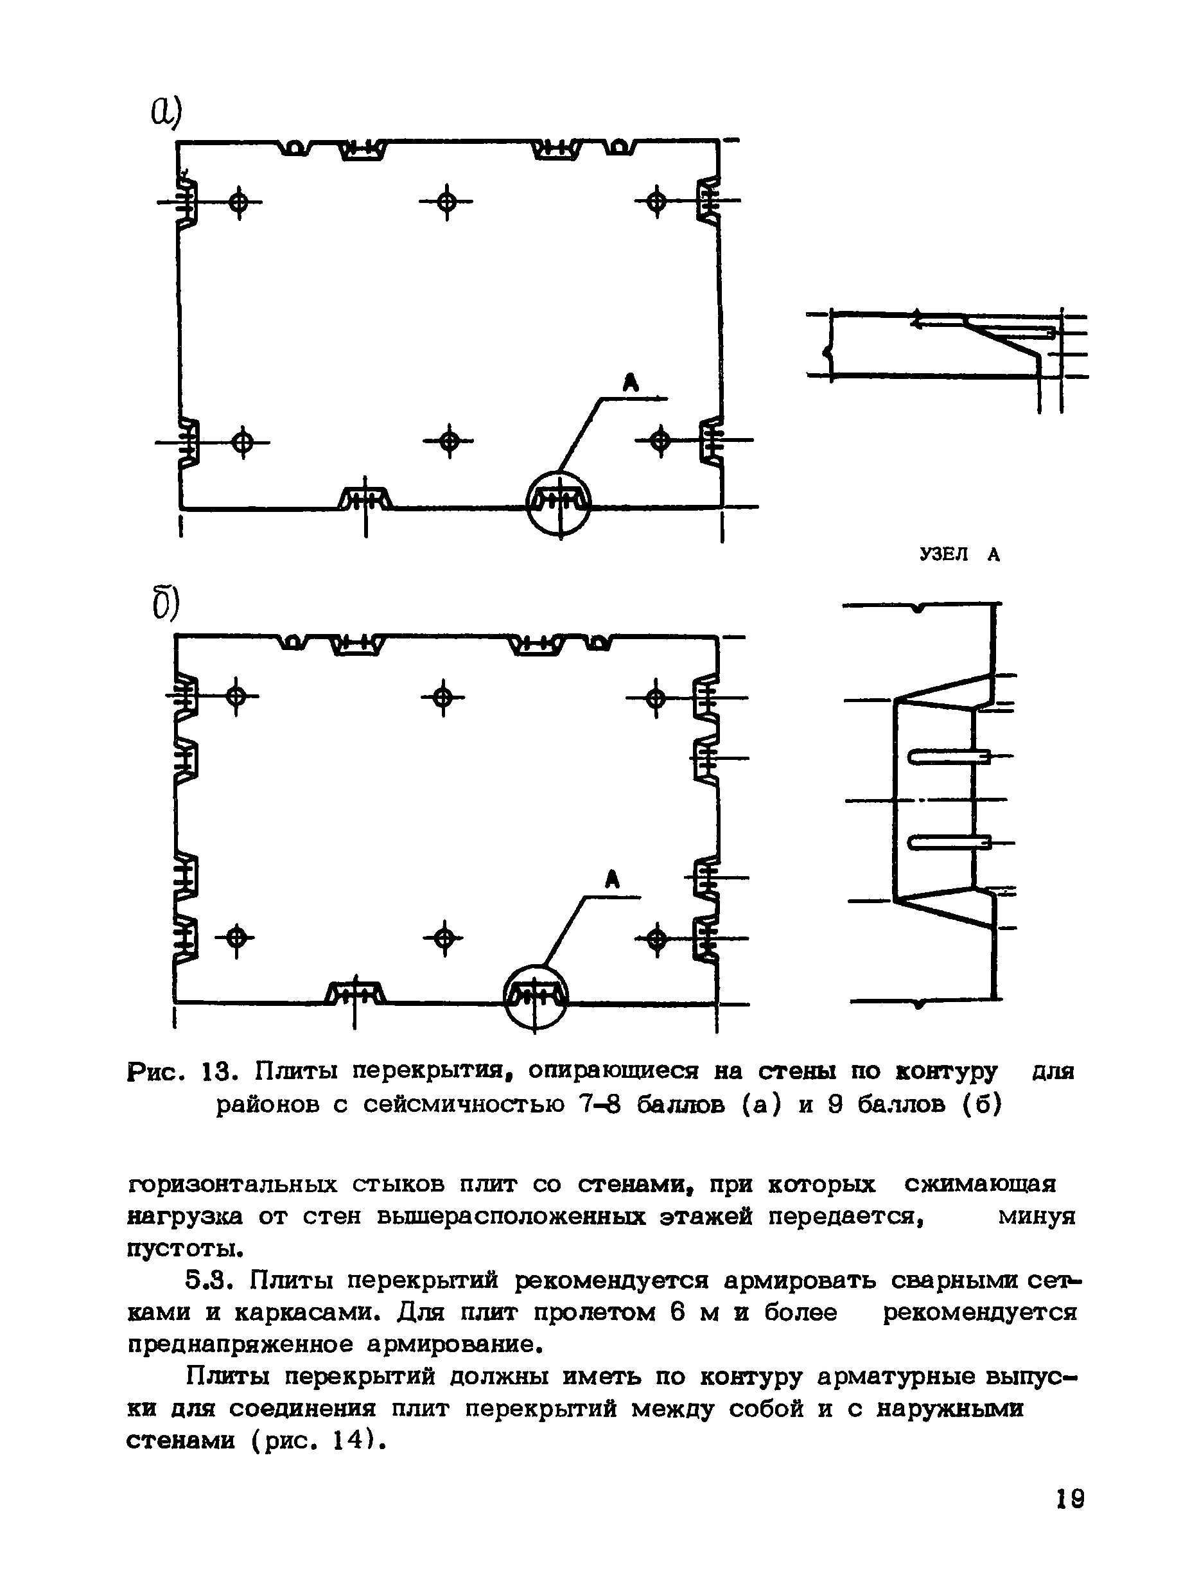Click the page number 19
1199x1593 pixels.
(x=1070, y=1499)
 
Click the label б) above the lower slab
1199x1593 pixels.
(x=165, y=604)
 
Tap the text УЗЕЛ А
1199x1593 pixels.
(x=960, y=554)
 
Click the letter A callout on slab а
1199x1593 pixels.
(x=630, y=382)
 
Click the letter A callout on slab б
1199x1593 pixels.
(x=612, y=879)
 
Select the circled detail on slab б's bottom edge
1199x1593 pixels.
(x=535, y=997)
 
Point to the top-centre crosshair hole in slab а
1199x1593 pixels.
(x=447, y=202)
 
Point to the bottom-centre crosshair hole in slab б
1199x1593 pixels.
(x=444, y=938)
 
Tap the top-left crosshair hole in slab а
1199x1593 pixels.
(x=238, y=202)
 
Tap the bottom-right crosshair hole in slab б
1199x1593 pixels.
(x=656, y=939)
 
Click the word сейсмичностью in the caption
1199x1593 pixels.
(x=464, y=1105)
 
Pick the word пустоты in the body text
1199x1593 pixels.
(x=184, y=1248)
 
